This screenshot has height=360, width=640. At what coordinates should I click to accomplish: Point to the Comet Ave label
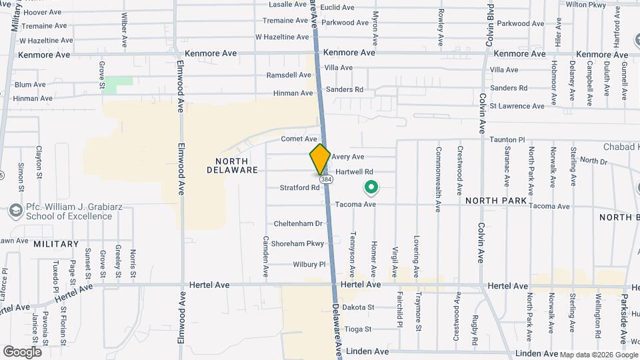(x=298, y=139)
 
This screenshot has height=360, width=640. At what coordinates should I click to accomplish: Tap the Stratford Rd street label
(x=301, y=188)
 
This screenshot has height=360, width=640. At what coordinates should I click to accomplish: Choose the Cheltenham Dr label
(x=298, y=223)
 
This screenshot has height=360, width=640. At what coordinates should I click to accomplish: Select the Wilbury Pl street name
(x=309, y=265)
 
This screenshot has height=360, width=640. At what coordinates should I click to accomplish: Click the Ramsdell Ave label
(x=289, y=75)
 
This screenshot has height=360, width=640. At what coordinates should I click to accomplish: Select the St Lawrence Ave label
(x=517, y=106)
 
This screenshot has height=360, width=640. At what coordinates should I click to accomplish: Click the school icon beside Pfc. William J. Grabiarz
(x=15, y=211)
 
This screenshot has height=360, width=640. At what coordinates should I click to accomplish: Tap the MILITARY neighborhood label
(x=56, y=244)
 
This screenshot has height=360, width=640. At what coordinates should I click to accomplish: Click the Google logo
(x=22, y=351)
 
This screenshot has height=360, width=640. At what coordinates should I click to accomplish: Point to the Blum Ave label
(x=30, y=85)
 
